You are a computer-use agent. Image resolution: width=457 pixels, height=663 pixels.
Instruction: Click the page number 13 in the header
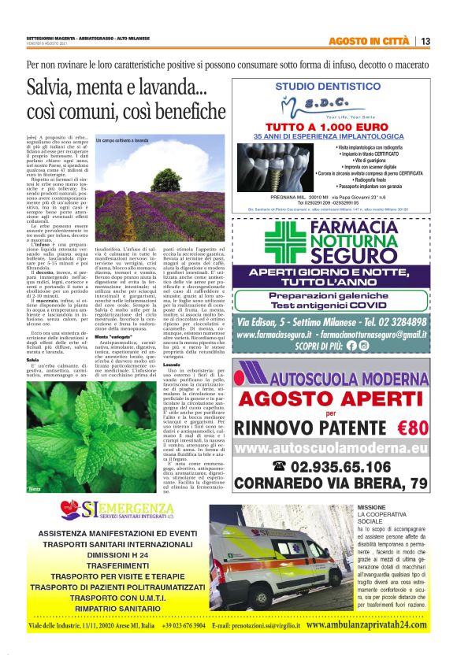[x=425, y=42]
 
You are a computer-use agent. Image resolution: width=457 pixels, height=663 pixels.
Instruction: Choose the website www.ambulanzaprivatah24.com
[x=366, y=624]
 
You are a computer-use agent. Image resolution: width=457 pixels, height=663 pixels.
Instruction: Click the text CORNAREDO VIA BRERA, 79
[x=343, y=482]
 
